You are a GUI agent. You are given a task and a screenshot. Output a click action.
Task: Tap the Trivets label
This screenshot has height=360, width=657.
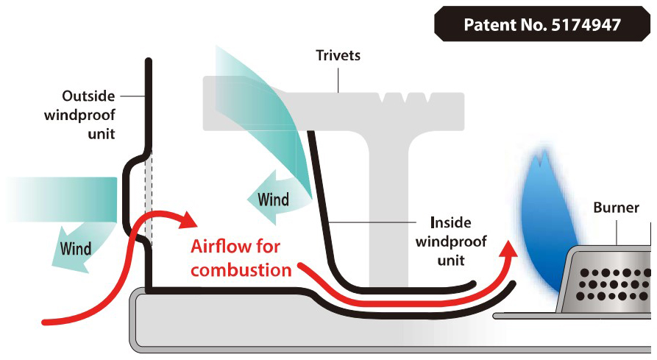pyautogui.click(x=338, y=55)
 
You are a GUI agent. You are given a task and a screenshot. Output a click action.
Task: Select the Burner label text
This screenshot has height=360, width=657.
pyautogui.click(x=617, y=207)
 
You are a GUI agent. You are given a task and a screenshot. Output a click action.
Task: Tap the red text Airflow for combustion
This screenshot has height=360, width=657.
pyautogui.click(x=241, y=258)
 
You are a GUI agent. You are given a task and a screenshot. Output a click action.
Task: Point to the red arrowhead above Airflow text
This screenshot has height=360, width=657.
pyautogui.click(x=187, y=219)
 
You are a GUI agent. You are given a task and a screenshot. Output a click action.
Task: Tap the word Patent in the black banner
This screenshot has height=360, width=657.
pyautogui.click(x=487, y=24)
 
